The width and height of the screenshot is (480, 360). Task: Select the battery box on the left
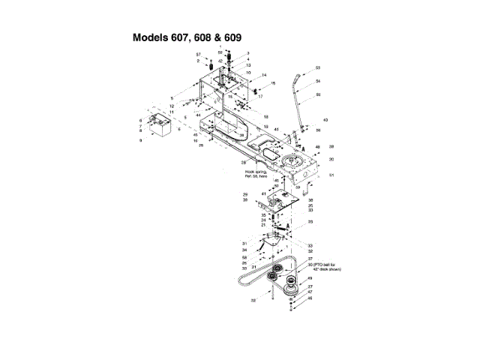(x=160, y=125)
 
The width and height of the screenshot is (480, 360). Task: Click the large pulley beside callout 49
(x=289, y=284)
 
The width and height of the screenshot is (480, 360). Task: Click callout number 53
(x=317, y=68)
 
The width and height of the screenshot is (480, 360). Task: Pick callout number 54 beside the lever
(x=318, y=81)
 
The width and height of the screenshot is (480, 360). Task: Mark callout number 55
(x=318, y=94)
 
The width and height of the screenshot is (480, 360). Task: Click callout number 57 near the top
(x=199, y=55)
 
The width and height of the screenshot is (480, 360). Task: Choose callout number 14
(x=264, y=75)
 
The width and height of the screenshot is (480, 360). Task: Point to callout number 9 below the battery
(x=140, y=141)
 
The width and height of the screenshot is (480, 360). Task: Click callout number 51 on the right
(x=331, y=175)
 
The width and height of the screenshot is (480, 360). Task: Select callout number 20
(x=331, y=160)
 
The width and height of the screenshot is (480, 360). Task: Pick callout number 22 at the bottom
(x=253, y=300)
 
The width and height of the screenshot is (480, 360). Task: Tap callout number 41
(x=263, y=194)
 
